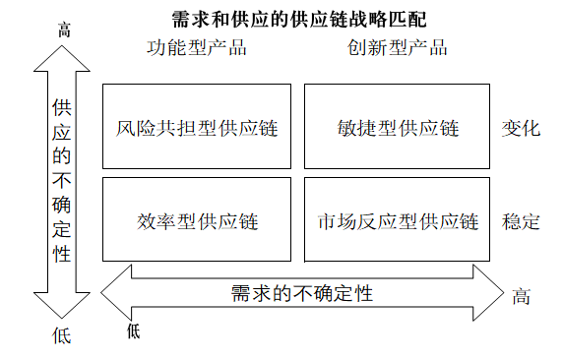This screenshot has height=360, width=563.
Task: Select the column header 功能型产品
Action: pos(196,47)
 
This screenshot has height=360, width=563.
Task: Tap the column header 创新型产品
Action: pos(397,47)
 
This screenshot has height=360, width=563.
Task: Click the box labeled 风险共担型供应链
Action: pos(196,127)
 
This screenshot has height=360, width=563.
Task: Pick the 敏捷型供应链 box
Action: pos(397,127)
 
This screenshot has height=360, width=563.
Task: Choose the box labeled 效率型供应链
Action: pos(196,219)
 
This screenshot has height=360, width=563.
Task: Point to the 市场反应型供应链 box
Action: pos(397,219)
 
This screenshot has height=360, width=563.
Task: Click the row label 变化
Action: pos(520,128)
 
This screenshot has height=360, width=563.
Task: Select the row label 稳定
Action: pos(520,220)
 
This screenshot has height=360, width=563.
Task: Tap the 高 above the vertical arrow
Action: pos(64,30)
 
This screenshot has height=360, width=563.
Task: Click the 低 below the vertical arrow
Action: pos(62,335)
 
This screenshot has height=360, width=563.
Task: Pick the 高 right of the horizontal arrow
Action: pos(521,296)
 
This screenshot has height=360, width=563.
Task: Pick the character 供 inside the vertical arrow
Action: pos(62,106)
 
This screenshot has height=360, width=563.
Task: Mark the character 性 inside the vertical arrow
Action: pos(62,254)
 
